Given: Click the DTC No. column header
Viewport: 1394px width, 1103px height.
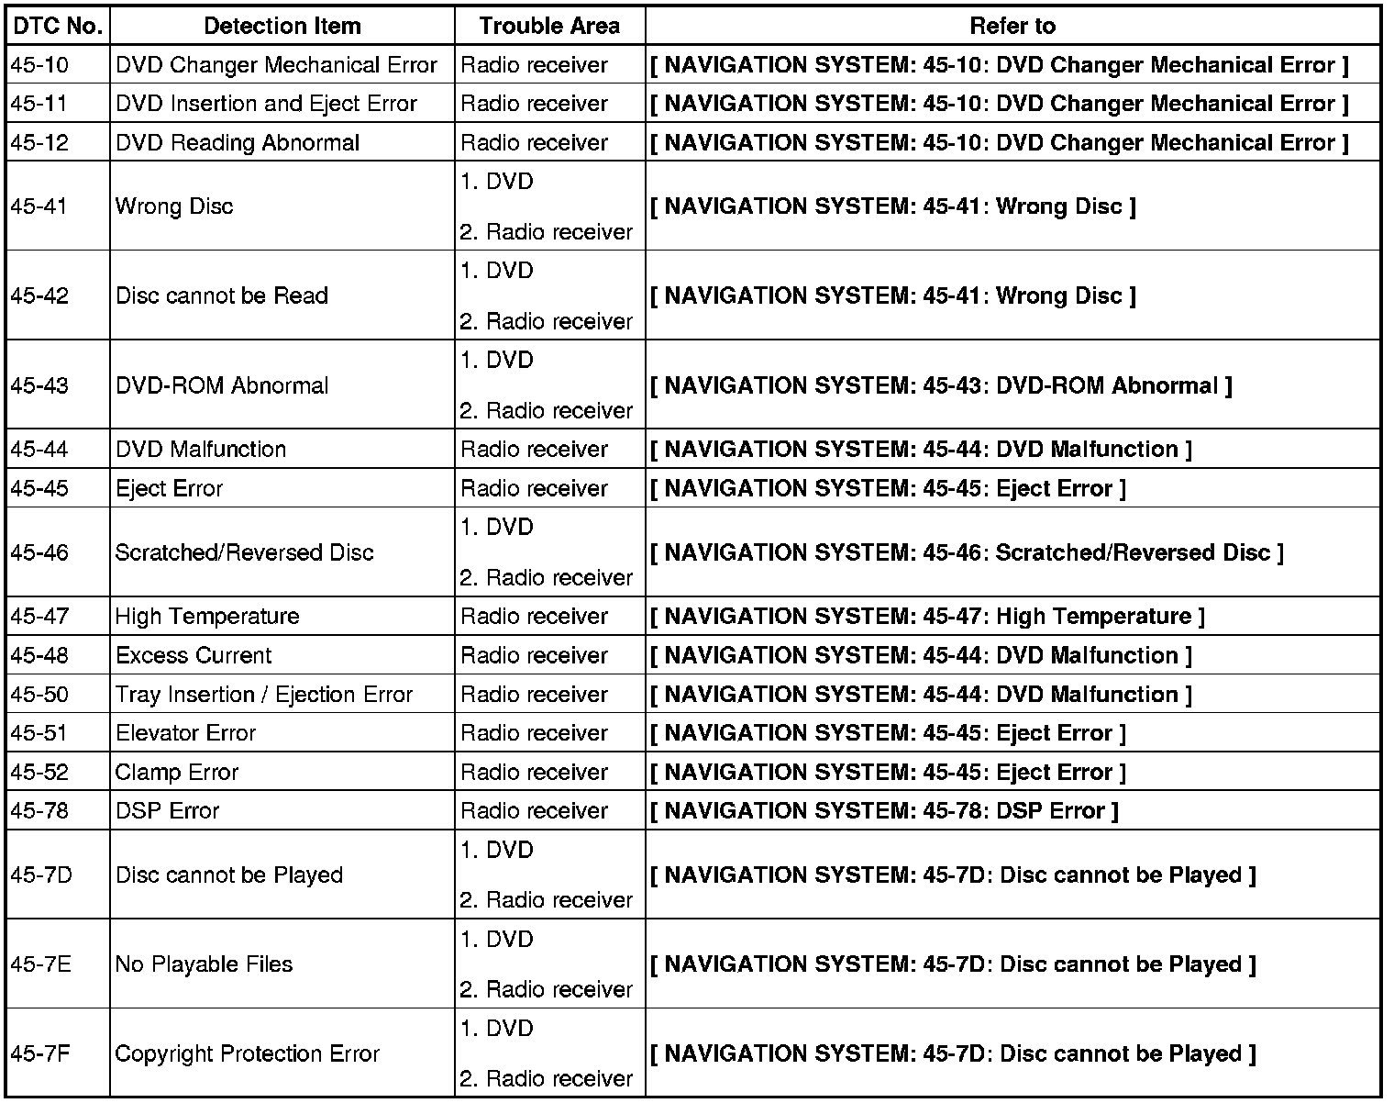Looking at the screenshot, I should (x=56, y=26).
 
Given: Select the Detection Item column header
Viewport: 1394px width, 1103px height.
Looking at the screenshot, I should (x=282, y=26).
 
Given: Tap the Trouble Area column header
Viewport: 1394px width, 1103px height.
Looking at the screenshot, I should (x=549, y=26).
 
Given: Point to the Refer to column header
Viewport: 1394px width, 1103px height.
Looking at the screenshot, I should (x=1012, y=26).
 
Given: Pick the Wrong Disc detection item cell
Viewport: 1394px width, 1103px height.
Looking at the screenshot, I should (x=174, y=206).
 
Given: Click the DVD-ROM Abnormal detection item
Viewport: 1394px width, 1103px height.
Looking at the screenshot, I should (x=222, y=385).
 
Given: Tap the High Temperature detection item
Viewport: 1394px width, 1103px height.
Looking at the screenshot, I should (x=207, y=616).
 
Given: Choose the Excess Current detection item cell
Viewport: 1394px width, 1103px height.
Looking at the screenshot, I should (x=194, y=655).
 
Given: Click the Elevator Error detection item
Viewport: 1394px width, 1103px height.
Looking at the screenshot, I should (x=185, y=733).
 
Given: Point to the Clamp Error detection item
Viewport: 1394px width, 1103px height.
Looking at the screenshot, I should (x=177, y=772).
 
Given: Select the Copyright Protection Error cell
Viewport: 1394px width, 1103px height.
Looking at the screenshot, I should (x=248, y=1053).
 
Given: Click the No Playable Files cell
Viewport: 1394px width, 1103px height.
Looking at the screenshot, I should (x=204, y=964).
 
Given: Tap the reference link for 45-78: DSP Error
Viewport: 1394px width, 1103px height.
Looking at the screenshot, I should (x=884, y=811).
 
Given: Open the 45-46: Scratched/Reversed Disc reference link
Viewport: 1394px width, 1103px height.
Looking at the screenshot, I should (x=967, y=552).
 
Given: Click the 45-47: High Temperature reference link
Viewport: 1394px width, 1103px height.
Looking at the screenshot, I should (x=927, y=616).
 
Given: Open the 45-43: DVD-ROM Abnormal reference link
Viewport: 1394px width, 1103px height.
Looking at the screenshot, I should (x=941, y=385).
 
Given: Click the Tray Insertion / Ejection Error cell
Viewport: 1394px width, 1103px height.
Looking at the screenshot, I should (x=264, y=695).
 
